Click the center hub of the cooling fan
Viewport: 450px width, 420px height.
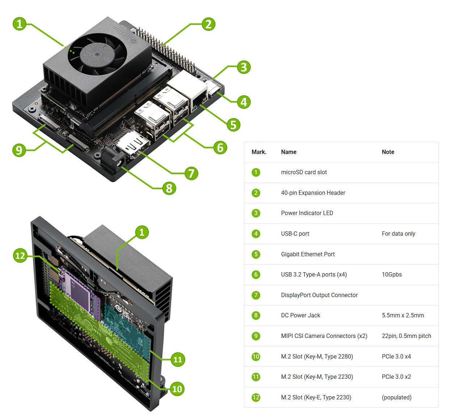click(97, 55)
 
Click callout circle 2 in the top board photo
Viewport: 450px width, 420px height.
click(209, 24)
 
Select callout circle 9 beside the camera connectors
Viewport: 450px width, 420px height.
click(19, 150)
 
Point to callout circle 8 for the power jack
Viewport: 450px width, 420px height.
click(169, 188)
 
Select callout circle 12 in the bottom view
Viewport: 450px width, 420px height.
click(20, 256)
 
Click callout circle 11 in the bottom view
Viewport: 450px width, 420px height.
click(178, 359)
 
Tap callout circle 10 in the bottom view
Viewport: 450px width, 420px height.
click(177, 389)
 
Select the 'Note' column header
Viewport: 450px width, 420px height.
click(388, 152)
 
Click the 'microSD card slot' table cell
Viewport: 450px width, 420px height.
click(304, 172)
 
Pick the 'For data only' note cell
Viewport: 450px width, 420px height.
click(398, 233)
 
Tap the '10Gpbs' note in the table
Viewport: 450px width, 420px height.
click(392, 274)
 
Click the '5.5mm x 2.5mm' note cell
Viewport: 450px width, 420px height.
click(403, 315)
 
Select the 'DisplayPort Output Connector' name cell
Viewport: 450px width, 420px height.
click(319, 295)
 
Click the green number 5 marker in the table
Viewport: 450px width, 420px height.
click(256, 254)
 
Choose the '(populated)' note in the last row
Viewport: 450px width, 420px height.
click(396, 397)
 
